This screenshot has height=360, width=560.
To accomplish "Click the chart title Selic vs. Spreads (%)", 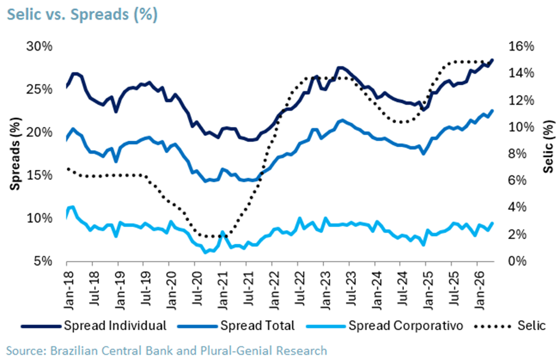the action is click(82, 15).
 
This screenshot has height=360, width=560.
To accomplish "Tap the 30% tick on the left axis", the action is click(39, 46).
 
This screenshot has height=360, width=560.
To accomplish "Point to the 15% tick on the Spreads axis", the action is click(39, 175).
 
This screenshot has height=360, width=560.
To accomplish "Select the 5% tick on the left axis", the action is click(43, 262).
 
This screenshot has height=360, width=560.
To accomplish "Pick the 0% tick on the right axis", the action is click(517, 262).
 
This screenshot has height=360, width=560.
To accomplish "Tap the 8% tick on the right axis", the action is click(517, 154).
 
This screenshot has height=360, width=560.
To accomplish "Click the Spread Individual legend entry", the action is click(94, 325).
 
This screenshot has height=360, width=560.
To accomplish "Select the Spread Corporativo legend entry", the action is click(385, 325).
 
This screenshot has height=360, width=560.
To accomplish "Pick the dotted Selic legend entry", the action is click(510, 325).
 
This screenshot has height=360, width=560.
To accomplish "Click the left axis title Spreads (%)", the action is click(15, 154).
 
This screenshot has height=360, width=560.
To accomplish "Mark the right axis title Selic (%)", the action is click(549, 147).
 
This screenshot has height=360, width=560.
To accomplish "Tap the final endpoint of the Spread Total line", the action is click(493, 111).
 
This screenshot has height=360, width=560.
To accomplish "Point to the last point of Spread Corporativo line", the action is click(493, 224).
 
